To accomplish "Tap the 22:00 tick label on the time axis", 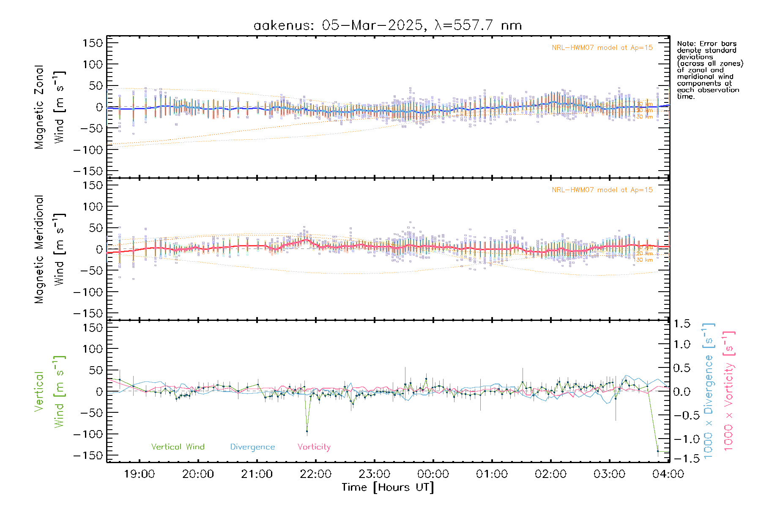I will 315,474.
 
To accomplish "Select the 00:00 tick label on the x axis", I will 433,474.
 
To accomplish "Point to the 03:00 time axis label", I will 609,474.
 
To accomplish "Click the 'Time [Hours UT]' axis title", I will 388,487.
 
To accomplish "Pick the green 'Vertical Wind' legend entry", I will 178,447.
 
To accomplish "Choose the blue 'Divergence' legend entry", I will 252,447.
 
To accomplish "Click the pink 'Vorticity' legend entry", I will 314,447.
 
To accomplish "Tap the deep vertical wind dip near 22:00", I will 307,431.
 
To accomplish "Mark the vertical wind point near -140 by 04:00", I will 658,451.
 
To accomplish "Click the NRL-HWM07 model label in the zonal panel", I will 602,48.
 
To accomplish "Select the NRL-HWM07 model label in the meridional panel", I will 602,190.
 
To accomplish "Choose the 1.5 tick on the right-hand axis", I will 682,324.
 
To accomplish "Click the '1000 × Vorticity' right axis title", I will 729,391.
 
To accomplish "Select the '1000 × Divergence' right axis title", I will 709,391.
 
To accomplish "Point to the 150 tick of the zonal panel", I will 93,43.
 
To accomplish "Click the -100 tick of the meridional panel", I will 88,292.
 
